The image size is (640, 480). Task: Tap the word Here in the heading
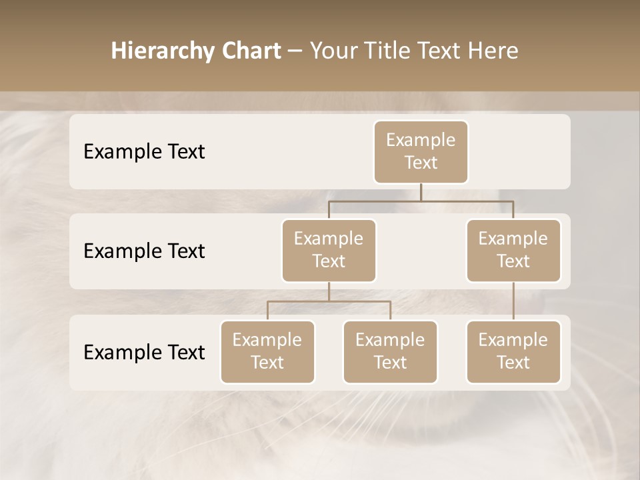[x=493, y=51]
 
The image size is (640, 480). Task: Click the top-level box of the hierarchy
[x=421, y=152]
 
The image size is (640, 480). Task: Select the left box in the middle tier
[x=329, y=251]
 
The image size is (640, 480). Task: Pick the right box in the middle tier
[x=513, y=251]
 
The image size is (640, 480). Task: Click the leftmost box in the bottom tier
[x=267, y=352]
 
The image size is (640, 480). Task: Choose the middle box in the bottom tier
[x=390, y=352]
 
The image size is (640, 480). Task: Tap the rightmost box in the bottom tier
[x=513, y=352]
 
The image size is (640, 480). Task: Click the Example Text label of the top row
[x=144, y=152]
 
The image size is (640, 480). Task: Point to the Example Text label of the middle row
[x=144, y=251]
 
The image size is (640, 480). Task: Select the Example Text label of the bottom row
[x=144, y=353]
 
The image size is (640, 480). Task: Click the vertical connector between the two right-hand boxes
[x=513, y=301]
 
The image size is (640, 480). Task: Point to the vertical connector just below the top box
[x=421, y=192]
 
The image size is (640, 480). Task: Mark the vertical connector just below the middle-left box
[x=329, y=291]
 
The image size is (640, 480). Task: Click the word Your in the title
[x=331, y=51]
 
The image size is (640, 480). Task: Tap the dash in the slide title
[x=295, y=51]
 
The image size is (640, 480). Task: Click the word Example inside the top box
[x=421, y=140]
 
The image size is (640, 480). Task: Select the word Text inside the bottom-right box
[x=513, y=363]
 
